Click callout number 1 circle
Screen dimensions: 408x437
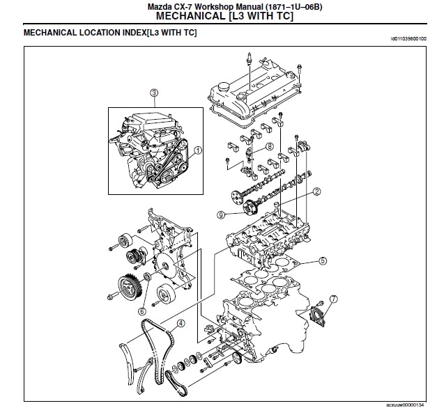point(198,150)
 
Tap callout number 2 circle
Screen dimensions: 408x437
point(316,191)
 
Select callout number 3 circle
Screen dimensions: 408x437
point(154,93)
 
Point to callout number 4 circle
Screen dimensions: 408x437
point(181,323)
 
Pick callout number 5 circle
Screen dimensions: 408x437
point(322,261)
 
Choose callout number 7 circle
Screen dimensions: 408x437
point(333,299)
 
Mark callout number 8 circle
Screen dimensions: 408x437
point(268,146)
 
